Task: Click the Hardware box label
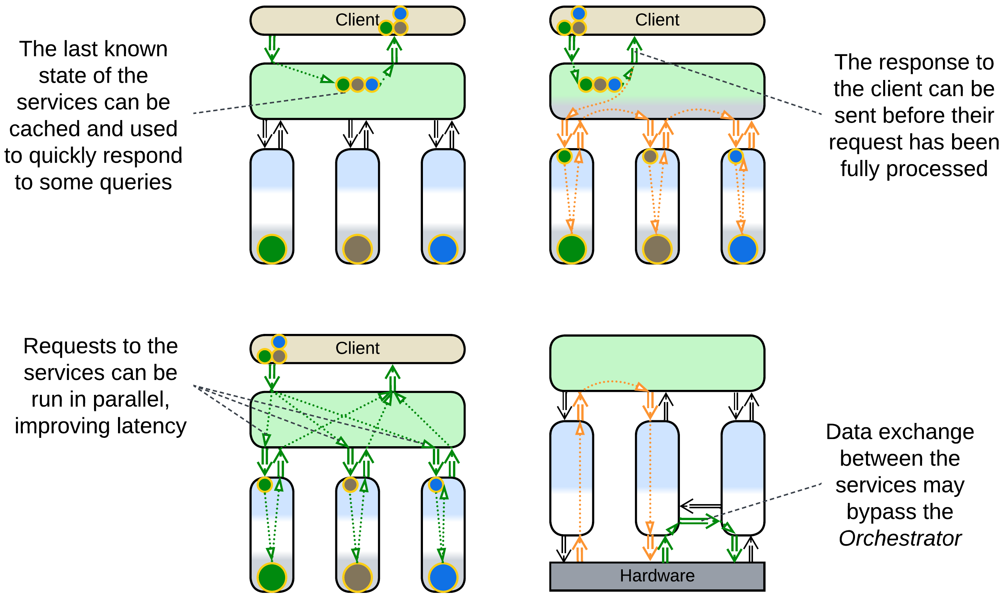[657, 576]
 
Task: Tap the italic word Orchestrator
[900, 538]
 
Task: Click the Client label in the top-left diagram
[357, 20]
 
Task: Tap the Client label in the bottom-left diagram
[357, 348]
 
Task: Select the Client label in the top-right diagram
[657, 20]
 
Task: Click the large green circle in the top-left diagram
[272, 249]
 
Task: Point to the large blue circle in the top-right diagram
[743, 249]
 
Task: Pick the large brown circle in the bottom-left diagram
[357, 577]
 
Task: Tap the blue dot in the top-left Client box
[400, 13]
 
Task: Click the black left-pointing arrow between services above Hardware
[700, 506]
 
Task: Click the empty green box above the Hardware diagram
[657, 363]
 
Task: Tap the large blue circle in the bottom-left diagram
[443, 577]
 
